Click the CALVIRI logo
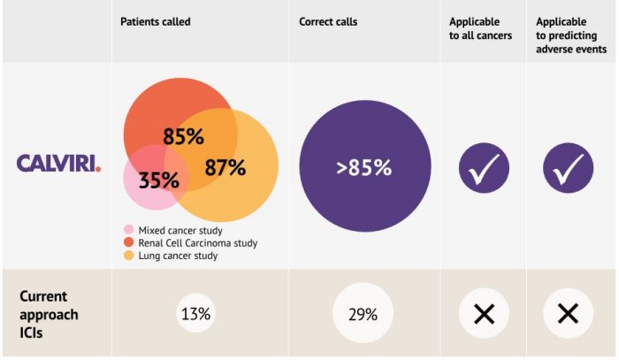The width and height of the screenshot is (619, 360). pyautogui.click(x=58, y=164)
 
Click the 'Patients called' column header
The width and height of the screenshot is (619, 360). pyautogui.click(x=156, y=21)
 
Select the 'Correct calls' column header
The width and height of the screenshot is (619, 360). pyautogui.click(x=328, y=21)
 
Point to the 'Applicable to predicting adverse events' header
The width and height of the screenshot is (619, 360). pyautogui.click(x=571, y=35)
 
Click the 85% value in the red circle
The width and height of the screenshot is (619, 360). pyautogui.click(x=183, y=137)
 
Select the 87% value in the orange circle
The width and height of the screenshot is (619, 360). pyautogui.click(x=225, y=167)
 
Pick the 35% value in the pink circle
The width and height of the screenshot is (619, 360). pyautogui.click(x=159, y=180)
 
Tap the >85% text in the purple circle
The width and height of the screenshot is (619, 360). pyautogui.click(x=363, y=167)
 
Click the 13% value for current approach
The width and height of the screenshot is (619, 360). pyautogui.click(x=195, y=314)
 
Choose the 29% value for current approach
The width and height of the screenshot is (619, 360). pyautogui.click(x=363, y=314)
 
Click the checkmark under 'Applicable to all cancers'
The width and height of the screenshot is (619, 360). pyautogui.click(x=484, y=167)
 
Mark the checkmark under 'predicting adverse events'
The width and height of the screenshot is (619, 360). pyautogui.click(x=568, y=167)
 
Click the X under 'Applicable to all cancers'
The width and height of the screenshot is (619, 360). pyautogui.click(x=484, y=313)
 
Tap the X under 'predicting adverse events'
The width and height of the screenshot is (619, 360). pyautogui.click(x=568, y=313)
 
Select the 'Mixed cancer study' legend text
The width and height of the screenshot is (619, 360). pyautogui.click(x=180, y=230)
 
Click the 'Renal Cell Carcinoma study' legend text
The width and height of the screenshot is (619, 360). pyautogui.click(x=198, y=242)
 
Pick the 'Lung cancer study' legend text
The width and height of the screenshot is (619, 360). pyautogui.click(x=178, y=256)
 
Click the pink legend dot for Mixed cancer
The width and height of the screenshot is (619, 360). pyautogui.click(x=129, y=230)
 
